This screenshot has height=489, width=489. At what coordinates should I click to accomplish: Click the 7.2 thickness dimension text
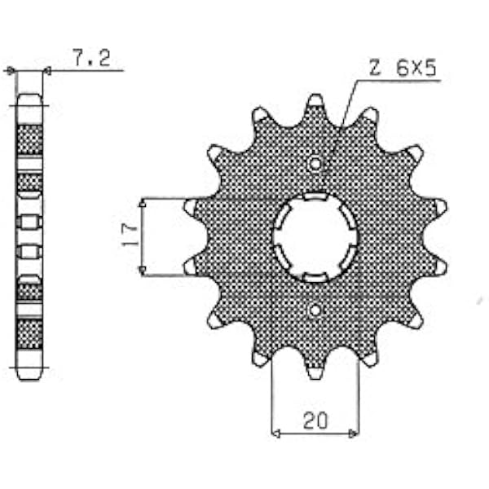(91, 57)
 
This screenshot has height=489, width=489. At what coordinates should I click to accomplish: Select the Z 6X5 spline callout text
(403, 68)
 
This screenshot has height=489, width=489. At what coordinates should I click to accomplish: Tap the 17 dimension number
(130, 235)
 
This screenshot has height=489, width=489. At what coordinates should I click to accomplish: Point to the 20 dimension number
(315, 421)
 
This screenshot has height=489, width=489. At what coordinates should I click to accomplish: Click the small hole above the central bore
(315, 164)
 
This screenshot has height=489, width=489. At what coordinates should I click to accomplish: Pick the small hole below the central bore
(315, 311)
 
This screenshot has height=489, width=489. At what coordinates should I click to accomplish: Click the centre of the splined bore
(315, 237)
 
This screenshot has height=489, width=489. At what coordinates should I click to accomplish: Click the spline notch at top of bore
(315, 196)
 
